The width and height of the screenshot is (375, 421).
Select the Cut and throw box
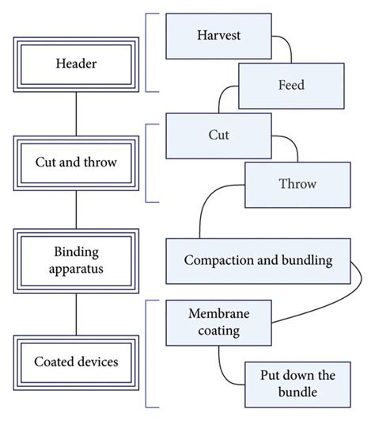[76, 162]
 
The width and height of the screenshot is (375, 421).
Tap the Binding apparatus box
[76, 262]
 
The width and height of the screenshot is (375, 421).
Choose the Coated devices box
[76, 362]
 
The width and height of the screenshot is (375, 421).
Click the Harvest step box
[219, 36]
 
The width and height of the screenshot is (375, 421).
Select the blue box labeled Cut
[218, 135]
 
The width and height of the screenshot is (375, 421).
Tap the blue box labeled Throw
[297, 184]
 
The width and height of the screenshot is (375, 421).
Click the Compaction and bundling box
[258, 260]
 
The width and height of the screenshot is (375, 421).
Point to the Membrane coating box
[214, 323]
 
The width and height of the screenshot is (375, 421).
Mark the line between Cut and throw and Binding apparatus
[76, 212]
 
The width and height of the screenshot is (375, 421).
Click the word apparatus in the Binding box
[76, 270]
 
